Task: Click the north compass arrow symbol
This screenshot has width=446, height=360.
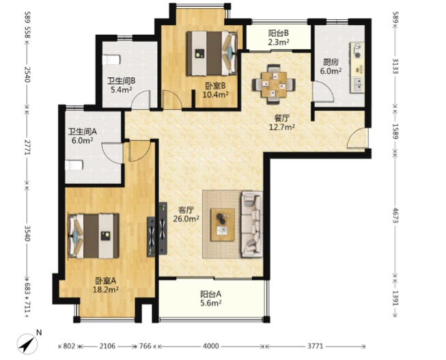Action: coord(27,344)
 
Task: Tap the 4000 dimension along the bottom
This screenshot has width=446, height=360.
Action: coord(211,346)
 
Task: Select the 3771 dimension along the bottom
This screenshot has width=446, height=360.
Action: coord(315,346)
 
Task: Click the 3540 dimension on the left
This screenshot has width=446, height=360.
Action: coord(27,233)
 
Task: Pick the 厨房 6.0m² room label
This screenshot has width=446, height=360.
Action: coord(331,66)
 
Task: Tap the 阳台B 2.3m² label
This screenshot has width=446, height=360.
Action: coord(279,38)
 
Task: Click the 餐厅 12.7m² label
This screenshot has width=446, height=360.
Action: coord(281,122)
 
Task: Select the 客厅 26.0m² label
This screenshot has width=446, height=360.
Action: coord(186,214)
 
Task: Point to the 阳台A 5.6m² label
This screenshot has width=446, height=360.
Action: coord(211,299)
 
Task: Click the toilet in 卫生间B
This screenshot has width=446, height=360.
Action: coord(111,59)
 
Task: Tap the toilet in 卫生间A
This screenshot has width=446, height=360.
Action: coord(74,165)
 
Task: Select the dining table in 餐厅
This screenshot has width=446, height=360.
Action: coord(274,85)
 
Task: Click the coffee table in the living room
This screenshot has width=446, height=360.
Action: coord(223,225)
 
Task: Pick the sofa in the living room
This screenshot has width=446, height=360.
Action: coord(252,225)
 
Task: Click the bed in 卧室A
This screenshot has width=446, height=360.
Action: coord(94,236)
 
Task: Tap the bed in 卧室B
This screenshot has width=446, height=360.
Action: coord(212,53)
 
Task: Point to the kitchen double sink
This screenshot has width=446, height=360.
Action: coord(358,85)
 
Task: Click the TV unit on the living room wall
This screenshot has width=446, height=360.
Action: coord(160,229)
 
